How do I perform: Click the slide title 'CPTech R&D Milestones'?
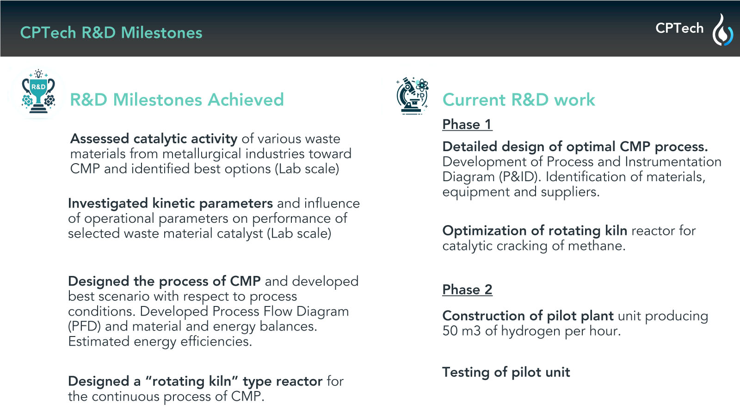pyautogui.click(x=111, y=33)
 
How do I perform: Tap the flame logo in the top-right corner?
pyautogui.click(x=722, y=30)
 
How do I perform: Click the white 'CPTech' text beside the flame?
pyautogui.click(x=679, y=28)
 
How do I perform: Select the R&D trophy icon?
pyautogui.click(x=38, y=92)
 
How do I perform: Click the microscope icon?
pyautogui.click(x=412, y=96)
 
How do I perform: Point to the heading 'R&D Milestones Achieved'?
pyautogui.click(x=177, y=100)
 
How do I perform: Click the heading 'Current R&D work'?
pyautogui.click(x=518, y=100)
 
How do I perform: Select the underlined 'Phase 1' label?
pyautogui.click(x=467, y=125)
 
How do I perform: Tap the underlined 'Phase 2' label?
pyautogui.click(x=467, y=290)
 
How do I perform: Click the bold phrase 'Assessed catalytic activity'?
pyautogui.click(x=154, y=139)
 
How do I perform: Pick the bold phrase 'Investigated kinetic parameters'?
pyautogui.click(x=171, y=204)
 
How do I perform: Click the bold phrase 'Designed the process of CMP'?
pyautogui.click(x=164, y=281)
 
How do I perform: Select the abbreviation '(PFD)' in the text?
pyautogui.click(x=84, y=326)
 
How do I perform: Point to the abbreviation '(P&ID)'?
pyautogui.click(x=520, y=177)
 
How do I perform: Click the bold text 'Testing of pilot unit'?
pyautogui.click(x=506, y=373)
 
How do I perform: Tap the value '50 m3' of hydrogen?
pyautogui.click(x=462, y=331)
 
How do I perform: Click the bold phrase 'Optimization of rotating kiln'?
pyautogui.click(x=535, y=231)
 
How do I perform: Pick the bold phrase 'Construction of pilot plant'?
pyautogui.click(x=528, y=316)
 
